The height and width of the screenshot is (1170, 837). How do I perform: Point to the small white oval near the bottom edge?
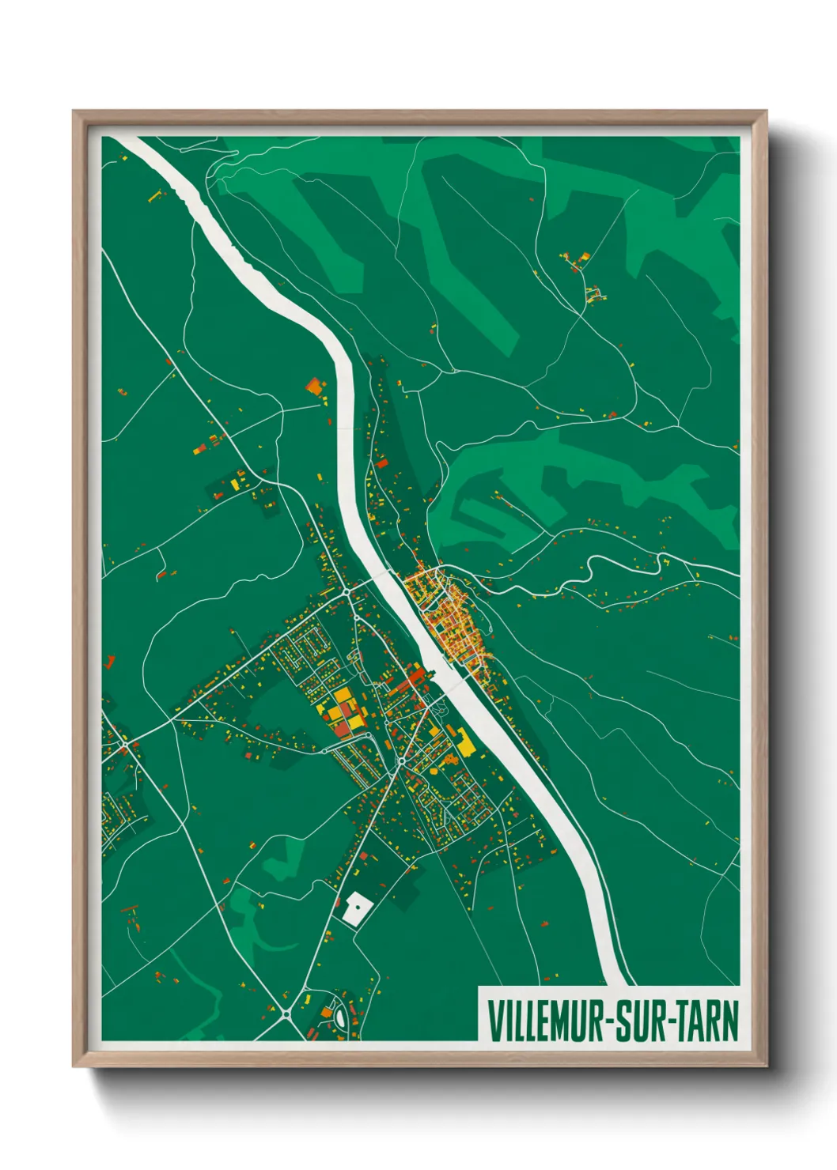(x=340, y=1015)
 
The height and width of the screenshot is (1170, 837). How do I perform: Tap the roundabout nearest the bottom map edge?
(x=286, y=1013)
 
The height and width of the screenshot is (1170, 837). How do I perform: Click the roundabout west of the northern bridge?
(x=347, y=591)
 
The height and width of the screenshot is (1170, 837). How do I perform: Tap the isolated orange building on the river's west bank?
(x=314, y=387)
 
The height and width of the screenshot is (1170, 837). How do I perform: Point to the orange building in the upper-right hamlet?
(x=585, y=257)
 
